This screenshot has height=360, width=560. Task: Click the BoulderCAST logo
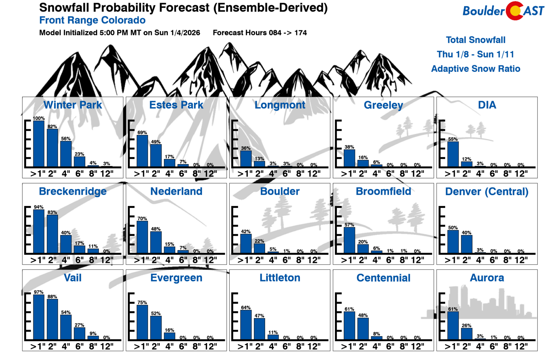tap(503, 11)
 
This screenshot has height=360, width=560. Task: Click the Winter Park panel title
tap(73, 105)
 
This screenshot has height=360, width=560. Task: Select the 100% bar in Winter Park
tap(39, 144)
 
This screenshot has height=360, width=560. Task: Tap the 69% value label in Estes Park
tap(142, 133)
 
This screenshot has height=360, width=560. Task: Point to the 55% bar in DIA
tap(453, 154)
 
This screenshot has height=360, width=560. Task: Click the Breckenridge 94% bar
tap(39, 231)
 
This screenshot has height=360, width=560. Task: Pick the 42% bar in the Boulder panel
tap(246, 244)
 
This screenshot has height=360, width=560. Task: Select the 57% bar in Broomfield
tap(349, 240)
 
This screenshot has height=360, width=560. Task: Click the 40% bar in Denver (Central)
tap(466, 244)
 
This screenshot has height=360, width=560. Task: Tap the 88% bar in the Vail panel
tap(52, 319)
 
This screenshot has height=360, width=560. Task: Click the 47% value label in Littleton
tap(259, 316)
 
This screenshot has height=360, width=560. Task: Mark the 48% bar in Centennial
tap(363, 328)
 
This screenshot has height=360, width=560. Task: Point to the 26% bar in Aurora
tap(466, 333)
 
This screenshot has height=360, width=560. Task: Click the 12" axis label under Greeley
tap(418, 174)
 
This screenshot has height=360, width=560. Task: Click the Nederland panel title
tap(176, 191)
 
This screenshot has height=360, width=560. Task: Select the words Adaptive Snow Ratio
tap(476, 69)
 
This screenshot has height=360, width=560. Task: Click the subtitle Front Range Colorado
tap(92, 20)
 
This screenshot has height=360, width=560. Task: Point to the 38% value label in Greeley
tap(349, 147)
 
